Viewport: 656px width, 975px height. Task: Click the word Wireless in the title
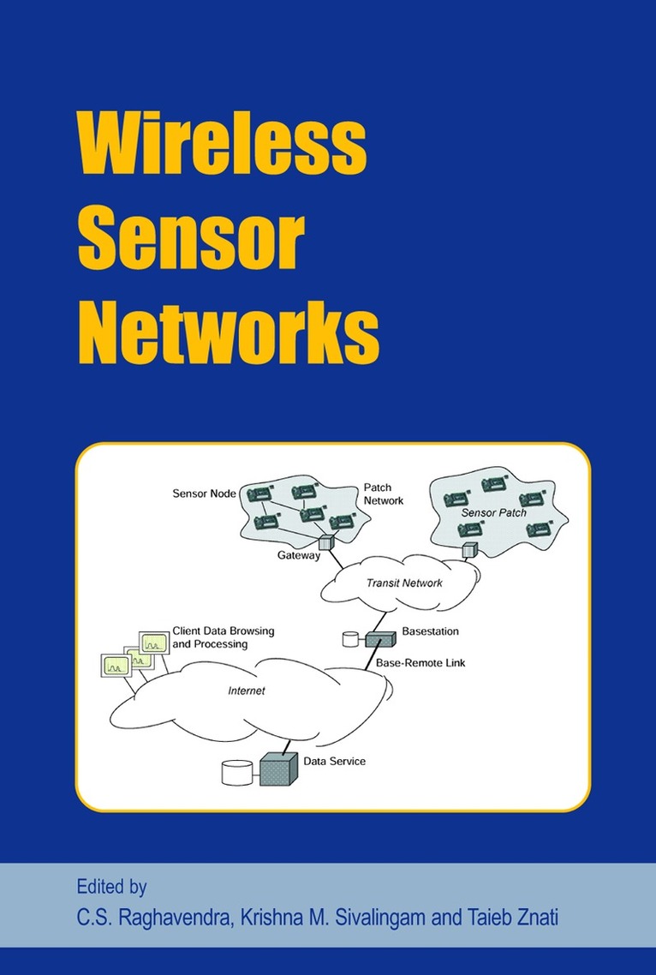point(222,147)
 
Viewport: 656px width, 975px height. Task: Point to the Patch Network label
point(383,493)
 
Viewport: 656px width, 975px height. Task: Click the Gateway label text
point(298,556)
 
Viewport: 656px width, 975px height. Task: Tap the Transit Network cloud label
point(404,583)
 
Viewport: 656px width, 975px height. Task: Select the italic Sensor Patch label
point(494,512)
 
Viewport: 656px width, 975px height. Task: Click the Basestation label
point(431,631)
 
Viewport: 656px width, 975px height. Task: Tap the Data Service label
point(334,760)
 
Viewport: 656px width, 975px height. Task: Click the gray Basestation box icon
point(377,639)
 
